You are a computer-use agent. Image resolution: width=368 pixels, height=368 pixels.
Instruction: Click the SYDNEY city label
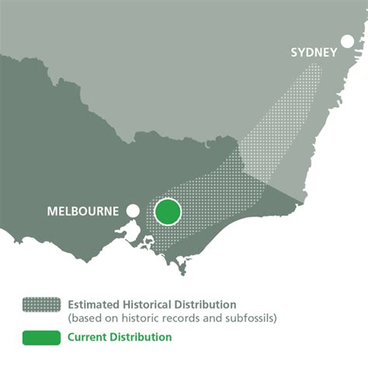tap(314, 52)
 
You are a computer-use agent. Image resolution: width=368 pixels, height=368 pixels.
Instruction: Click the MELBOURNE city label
tap(82, 211)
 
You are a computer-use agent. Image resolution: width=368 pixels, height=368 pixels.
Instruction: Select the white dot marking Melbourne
tap(134, 210)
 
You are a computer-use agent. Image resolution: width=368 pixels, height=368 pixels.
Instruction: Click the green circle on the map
tap(168, 211)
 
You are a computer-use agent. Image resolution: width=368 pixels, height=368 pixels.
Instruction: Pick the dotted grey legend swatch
tap(43, 304)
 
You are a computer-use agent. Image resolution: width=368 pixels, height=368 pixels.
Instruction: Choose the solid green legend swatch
tap(43, 337)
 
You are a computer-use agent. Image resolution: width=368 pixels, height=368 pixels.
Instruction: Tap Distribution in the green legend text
tap(141, 337)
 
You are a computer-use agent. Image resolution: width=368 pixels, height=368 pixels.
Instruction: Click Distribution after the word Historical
tap(210, 304)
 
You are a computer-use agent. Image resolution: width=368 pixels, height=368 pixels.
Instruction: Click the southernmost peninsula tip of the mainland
tap(183, 272)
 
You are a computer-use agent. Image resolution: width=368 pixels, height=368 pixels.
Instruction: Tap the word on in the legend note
tap(112, 318)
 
